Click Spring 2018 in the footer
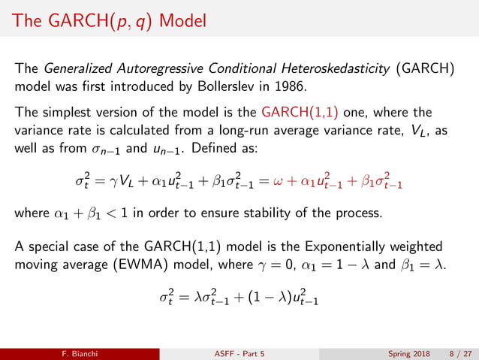(411, 352)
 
